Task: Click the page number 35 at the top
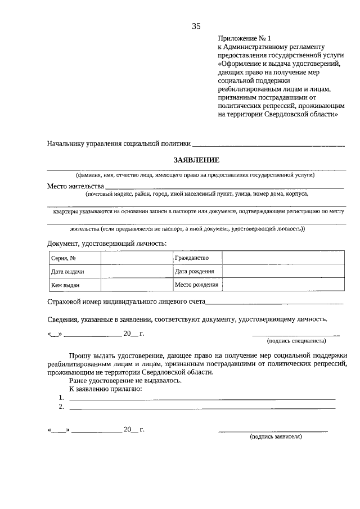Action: [196, 26]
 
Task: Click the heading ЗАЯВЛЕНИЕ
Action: [196, 160]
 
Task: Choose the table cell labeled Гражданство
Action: [197, 258]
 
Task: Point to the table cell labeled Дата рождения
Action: [197, 272]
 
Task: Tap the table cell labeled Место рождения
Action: [197, 285]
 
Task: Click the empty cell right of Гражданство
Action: [283, 258]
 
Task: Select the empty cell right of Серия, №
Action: [137, 258]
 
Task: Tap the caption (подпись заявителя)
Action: [276, 436]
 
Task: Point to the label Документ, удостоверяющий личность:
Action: [107, 243]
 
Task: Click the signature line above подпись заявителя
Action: [273, 431]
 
